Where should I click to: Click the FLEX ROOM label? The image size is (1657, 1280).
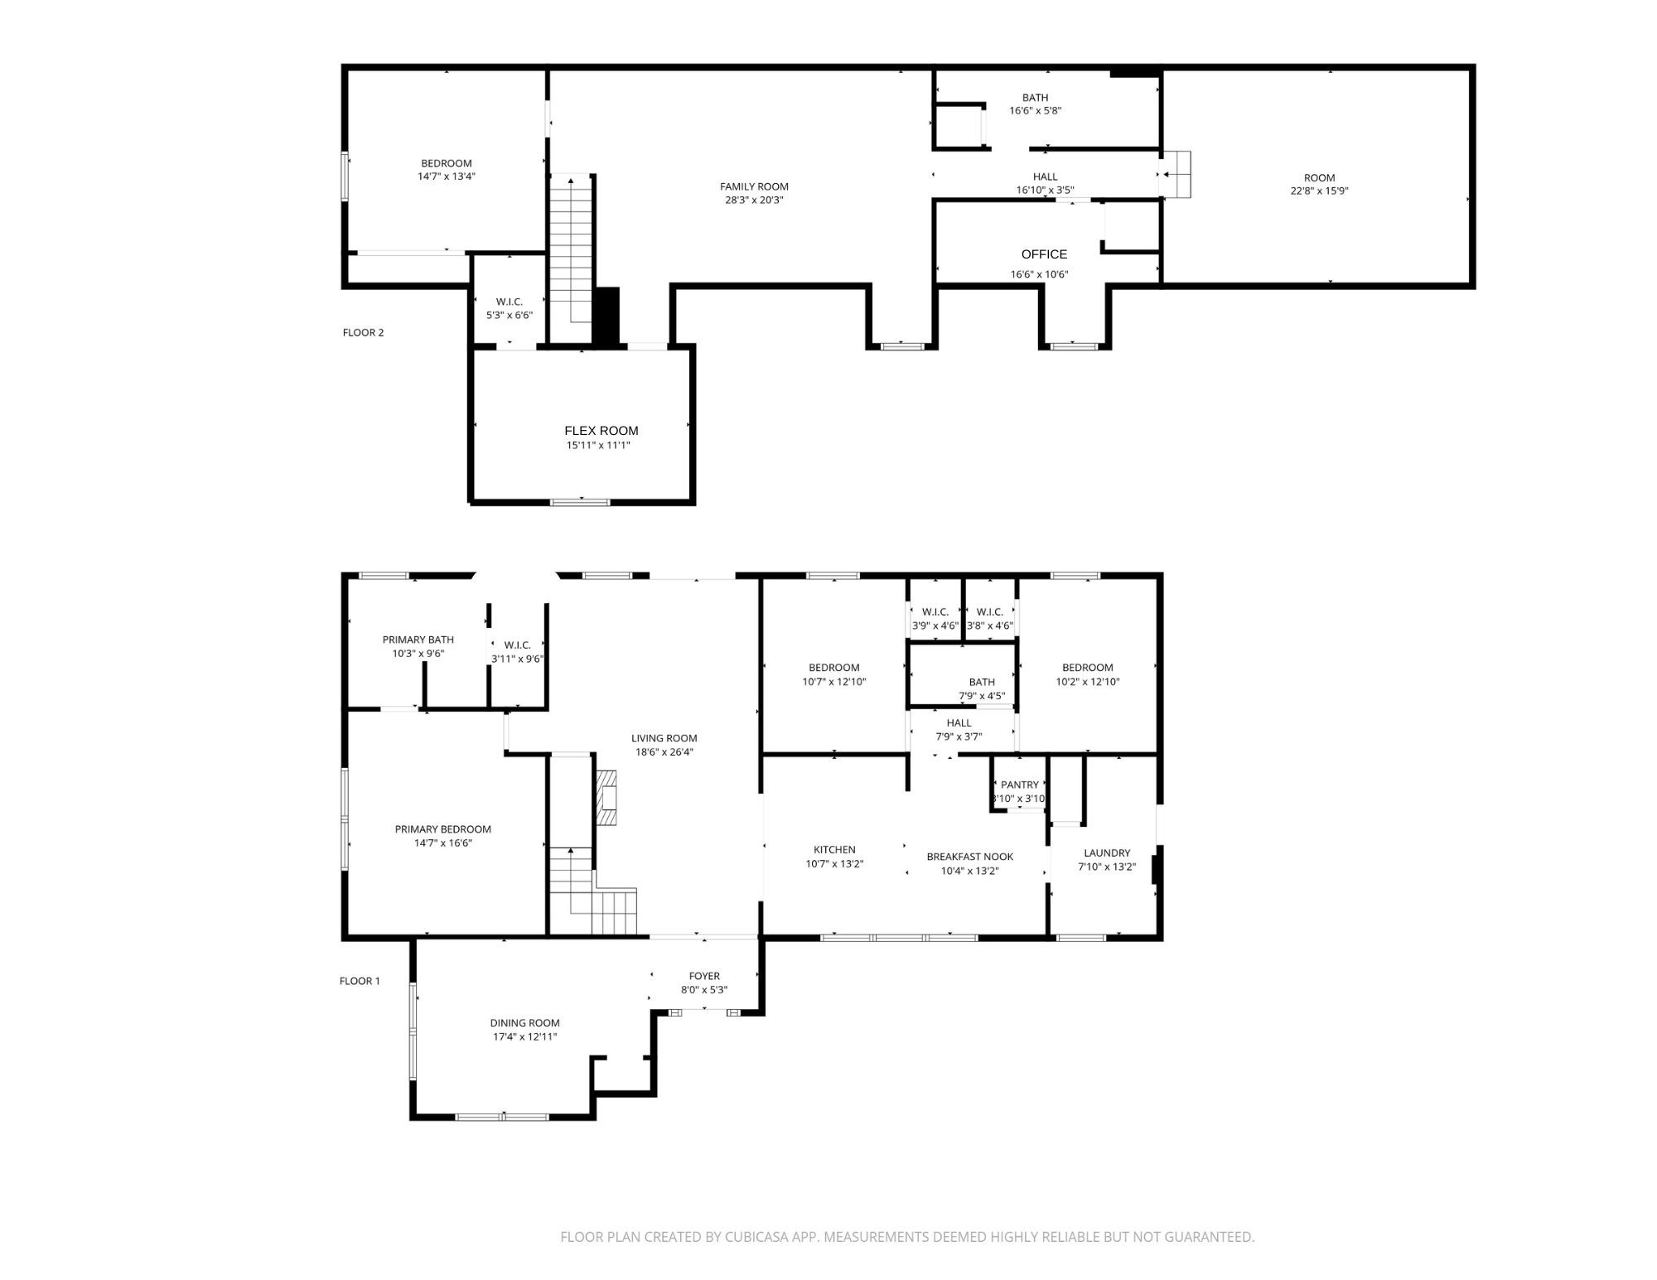click(601, 431)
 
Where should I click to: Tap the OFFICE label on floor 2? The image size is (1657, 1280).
click(1044, 254)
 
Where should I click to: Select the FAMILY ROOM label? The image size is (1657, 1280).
click(754, 186)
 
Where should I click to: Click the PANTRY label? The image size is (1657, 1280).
click(1019, 785)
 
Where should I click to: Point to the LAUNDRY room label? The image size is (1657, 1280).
click(1107, 853)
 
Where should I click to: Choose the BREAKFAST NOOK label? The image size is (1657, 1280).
click(969, 857)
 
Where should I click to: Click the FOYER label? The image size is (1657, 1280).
click(704, 976)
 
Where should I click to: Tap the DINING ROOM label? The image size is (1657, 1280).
click(524, 1022)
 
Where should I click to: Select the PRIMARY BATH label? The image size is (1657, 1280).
click(418, 640)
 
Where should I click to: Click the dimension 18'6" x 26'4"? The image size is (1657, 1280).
click(664, 752)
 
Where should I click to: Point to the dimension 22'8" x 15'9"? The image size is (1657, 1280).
click(1319, 191)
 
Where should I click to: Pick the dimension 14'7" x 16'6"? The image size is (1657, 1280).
click(443, 843)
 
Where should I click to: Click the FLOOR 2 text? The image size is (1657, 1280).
click(363, 332)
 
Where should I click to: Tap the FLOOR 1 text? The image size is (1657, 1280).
click(360, 981)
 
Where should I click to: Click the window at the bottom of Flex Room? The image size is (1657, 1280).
click(581, 501)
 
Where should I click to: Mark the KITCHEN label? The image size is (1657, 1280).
click(834, 849)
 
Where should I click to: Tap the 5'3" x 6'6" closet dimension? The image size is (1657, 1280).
click(509, 315)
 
